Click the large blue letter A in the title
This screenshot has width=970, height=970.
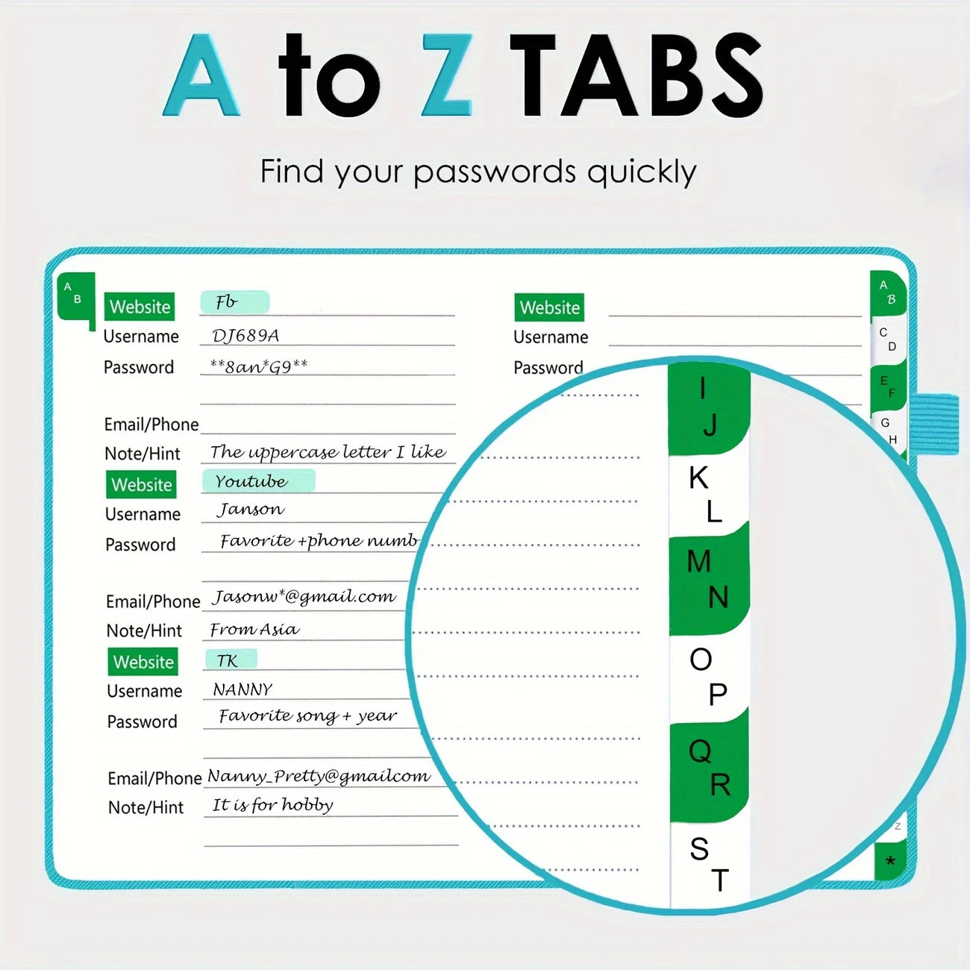201,75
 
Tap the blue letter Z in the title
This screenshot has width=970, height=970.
447,75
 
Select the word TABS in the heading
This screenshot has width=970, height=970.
636,75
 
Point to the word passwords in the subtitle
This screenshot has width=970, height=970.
494,172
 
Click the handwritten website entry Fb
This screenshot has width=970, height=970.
227,302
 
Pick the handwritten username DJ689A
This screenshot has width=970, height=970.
245,336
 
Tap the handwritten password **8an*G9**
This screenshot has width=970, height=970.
259,366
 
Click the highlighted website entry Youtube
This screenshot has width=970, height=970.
251,482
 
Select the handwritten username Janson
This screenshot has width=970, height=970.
250,510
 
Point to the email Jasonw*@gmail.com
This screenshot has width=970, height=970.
304,596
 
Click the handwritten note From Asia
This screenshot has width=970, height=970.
254,629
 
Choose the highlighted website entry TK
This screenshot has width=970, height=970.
227,660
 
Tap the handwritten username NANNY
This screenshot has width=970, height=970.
242,689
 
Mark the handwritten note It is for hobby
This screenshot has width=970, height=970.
272,805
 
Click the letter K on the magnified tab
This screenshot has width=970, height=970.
698,478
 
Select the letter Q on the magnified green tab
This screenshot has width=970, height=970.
700,751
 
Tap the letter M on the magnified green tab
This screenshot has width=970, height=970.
699,560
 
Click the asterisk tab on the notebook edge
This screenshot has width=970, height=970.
890,861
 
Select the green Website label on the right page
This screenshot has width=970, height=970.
549,307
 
